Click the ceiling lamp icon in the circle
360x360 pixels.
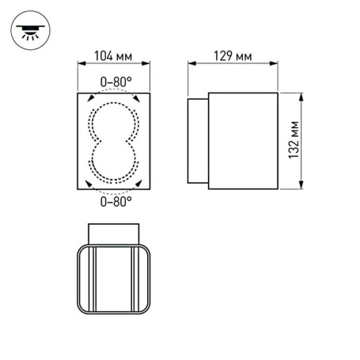click(30, 31)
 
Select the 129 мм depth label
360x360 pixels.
click(233, 55)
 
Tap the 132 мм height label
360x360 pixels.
click(293, 141)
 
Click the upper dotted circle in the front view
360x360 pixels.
click(116, 120)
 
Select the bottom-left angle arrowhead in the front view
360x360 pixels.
click(90, 184)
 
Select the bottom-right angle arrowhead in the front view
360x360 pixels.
click(140, 184)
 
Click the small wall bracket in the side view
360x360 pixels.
click(197, 141)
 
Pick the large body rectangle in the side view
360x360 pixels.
click(243, 141)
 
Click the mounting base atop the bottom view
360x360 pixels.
click(116, 233)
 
